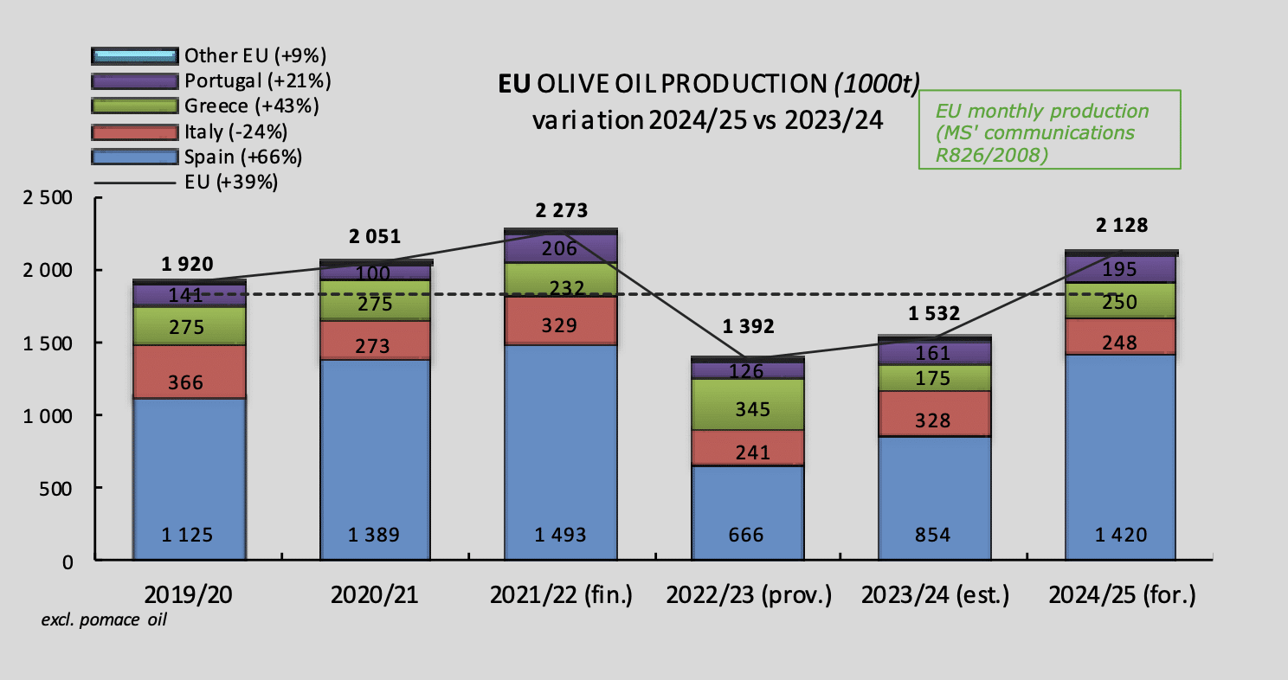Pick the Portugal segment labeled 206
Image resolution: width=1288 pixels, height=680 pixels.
[560, 248]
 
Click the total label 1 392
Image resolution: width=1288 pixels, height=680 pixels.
[747, 327]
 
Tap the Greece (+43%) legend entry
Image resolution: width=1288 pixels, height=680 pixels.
[251, 106]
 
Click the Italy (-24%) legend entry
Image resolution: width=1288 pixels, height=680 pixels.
[235, 132]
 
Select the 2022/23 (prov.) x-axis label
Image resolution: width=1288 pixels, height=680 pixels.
[748, 595]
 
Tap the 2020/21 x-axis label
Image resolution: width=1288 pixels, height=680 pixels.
[374, 595]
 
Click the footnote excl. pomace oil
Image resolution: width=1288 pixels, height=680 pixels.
[104, 621]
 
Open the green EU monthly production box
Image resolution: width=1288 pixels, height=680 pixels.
[1050, 129]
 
